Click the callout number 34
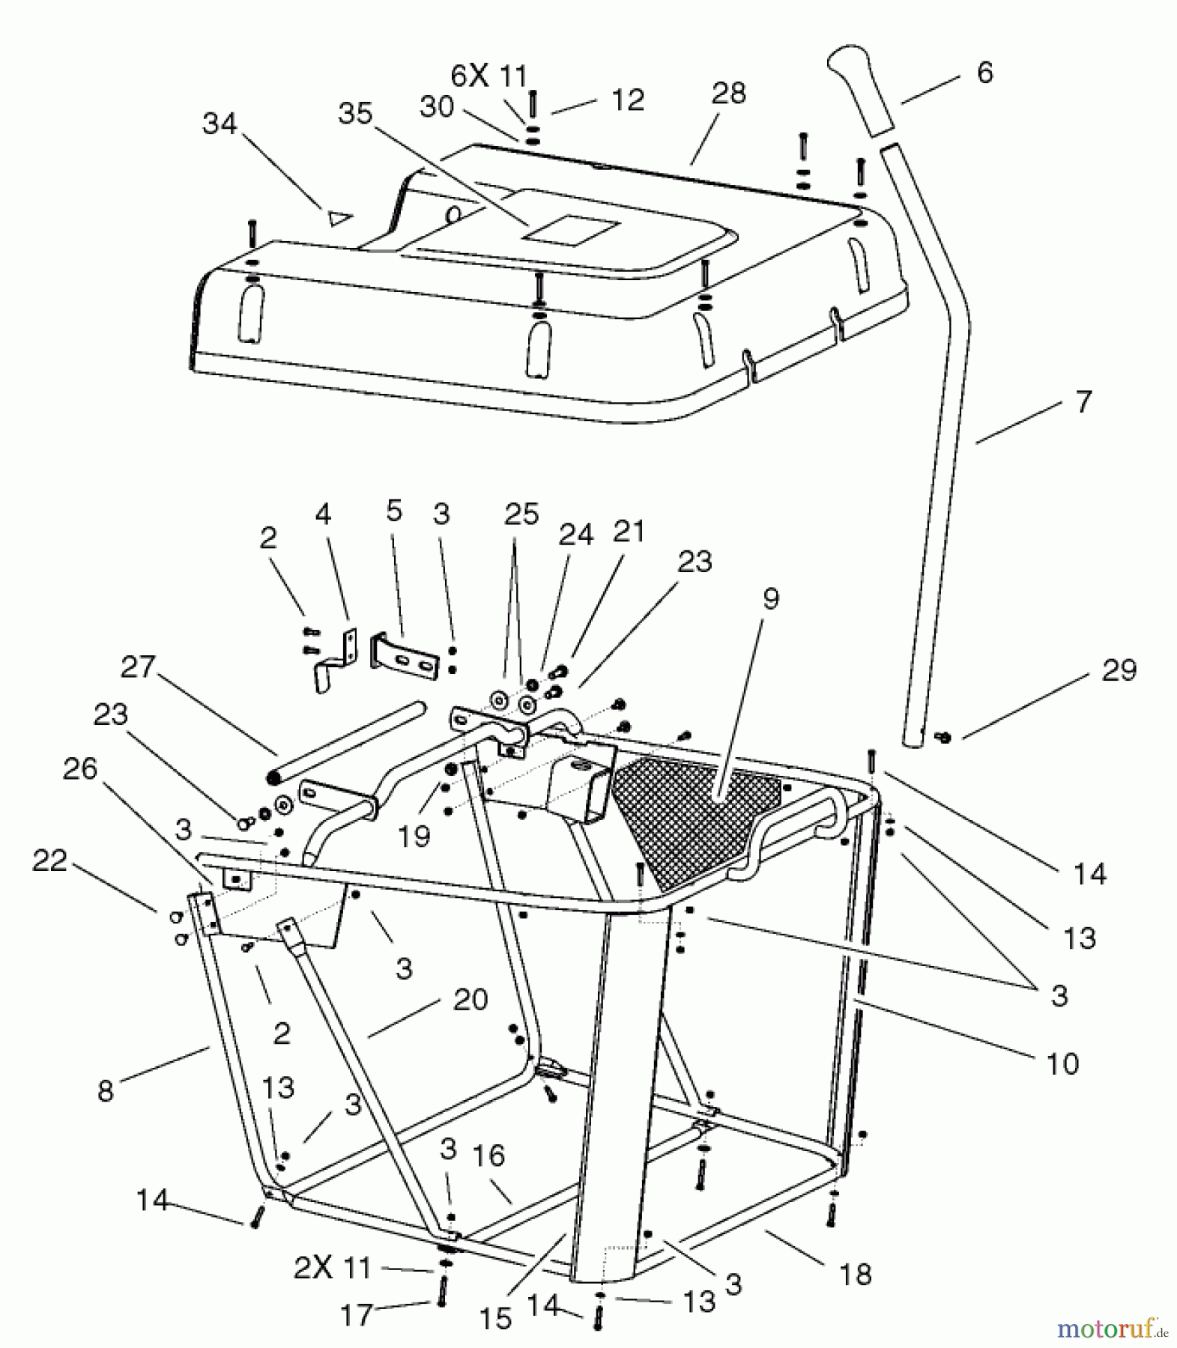pos(219,124)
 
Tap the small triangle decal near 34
pos(339,218)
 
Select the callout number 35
pos(355,114)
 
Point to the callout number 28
pos(728,94)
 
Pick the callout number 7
pos(1083,402)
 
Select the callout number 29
pos(1119,670)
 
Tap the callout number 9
pos(770,598)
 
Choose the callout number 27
pos(138,666)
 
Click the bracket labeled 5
pos(405,658)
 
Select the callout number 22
pos(49,860)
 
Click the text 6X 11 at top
pos(489,76)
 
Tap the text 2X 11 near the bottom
pos(332,1268)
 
